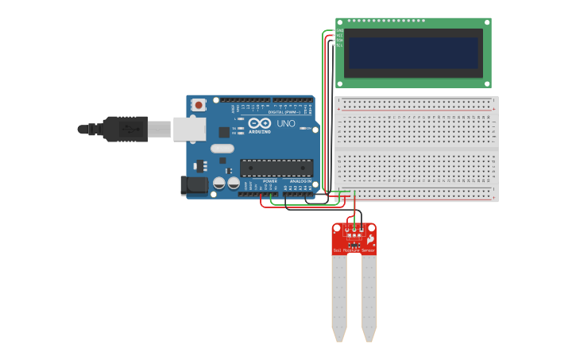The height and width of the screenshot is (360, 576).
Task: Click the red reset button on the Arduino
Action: (x=198, y=104)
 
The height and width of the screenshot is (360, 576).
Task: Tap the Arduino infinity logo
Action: (x=260, y=124)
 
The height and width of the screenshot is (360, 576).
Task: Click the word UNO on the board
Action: (x=285, y=124)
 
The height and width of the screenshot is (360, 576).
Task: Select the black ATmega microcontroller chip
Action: (x=276, y=168)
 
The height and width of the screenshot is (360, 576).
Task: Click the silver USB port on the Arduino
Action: (x=189, y=129)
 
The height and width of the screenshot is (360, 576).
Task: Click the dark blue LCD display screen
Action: (x=413, y=53)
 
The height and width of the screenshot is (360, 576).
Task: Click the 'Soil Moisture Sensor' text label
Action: (x=354, y=250)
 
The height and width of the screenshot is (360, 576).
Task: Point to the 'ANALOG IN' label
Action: (x=300, y=181)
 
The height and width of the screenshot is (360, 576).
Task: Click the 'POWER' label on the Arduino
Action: (x=270, y=181)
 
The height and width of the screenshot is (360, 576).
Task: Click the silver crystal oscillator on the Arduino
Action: (x=222, y=148)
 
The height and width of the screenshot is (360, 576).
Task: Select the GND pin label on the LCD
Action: (x=339, y=31)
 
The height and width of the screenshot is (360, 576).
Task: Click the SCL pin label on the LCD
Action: (x=339, y=45)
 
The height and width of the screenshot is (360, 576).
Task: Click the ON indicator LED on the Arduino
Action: (x=302, y=129)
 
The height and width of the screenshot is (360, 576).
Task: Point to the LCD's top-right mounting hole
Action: (x=485, y=23)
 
